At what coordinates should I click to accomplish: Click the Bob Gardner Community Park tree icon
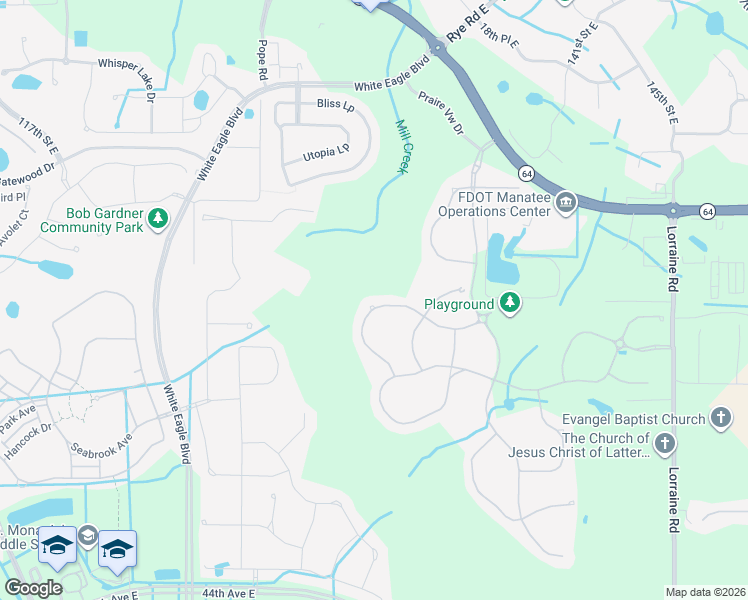click(157, 218)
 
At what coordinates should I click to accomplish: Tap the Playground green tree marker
click(510, 302)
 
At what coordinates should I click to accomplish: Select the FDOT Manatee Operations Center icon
click(566, 204)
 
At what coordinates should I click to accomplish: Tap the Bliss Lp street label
click(335, 105)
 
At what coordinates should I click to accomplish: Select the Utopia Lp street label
click(329, 153)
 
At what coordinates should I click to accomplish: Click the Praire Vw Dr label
click(441, 114)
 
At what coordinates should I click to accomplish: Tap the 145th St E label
click(662, 103)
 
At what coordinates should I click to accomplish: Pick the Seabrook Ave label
click(101, 443)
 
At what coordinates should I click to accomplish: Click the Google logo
click(33, 588)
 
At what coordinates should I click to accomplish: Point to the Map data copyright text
click(705, 592)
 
